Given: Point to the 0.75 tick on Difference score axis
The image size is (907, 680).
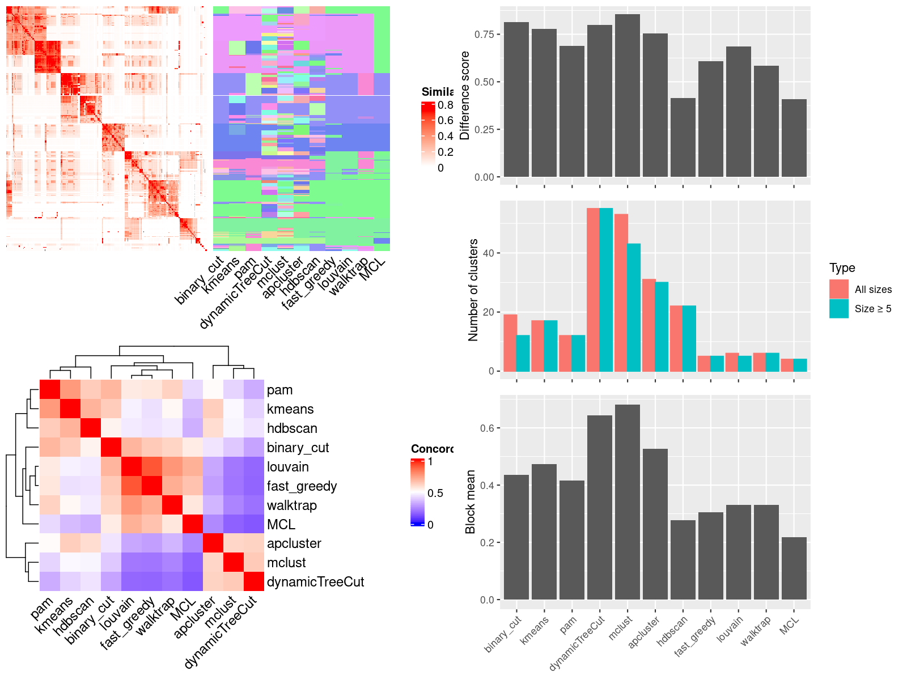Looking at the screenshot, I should point(484,35).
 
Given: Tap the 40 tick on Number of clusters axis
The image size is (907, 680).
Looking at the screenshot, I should point(488,253).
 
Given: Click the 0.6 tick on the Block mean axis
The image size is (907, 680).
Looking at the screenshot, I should point(487,428).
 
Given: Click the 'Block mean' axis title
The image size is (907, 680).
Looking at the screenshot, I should point(470,501).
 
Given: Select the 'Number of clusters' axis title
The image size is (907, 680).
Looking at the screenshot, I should point(473,290).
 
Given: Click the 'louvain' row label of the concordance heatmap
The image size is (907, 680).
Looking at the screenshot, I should point(288,467).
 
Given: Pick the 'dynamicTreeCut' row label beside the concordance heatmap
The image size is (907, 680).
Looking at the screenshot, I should point(315,582).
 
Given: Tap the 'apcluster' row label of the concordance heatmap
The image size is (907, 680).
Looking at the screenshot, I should point(294,543).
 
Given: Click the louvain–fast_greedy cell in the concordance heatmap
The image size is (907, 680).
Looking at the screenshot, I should point(151,467).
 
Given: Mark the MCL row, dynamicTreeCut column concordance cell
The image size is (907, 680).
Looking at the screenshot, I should point(254,524).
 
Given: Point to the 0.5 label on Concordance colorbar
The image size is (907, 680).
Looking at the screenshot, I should point(435,493).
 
